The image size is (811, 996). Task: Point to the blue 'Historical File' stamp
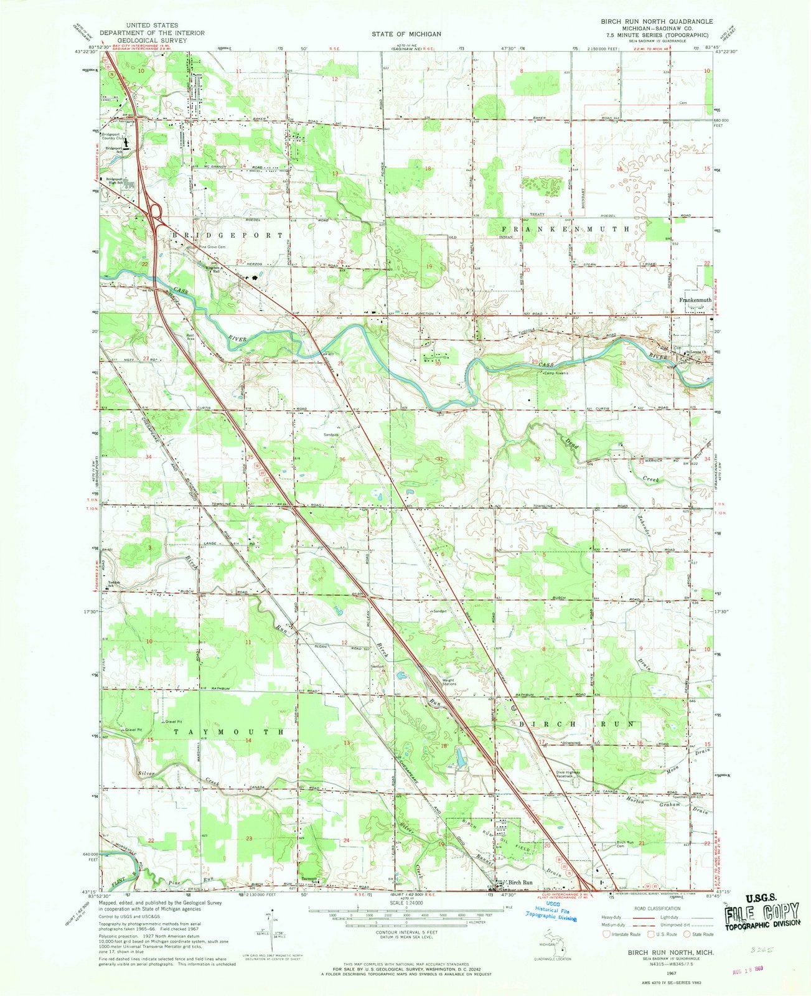click(551, 911)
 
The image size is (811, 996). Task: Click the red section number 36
click(342, 459)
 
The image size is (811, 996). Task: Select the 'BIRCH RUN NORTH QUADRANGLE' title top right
click(647, 21)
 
